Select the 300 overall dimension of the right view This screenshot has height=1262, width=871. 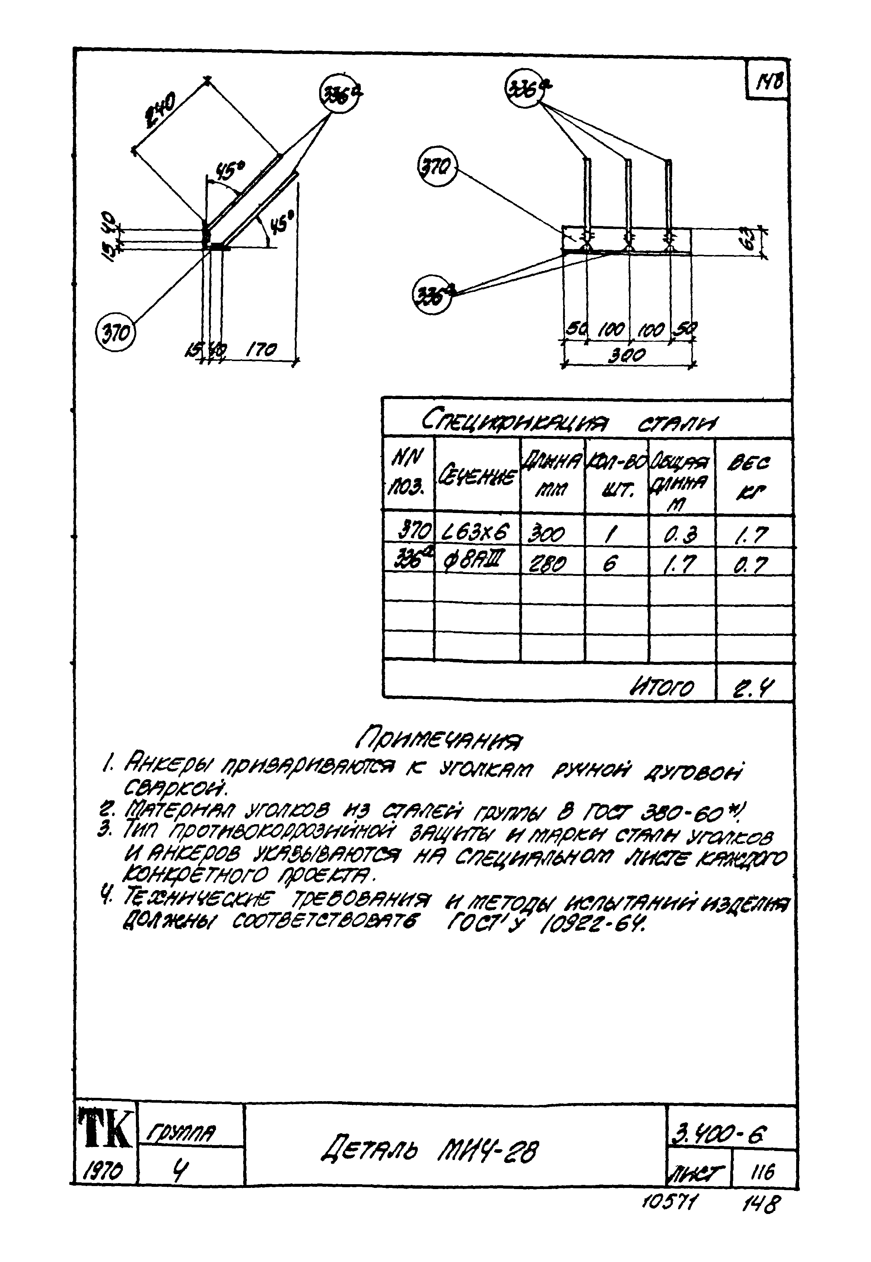627,356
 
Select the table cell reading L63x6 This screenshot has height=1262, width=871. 476,532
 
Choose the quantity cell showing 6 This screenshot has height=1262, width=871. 610,563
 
